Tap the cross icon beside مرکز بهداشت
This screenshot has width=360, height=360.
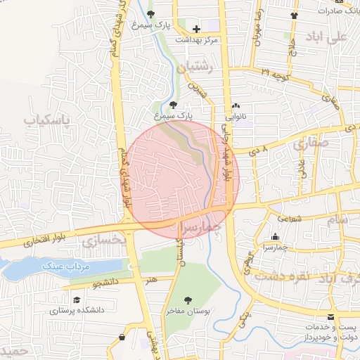(x=196, y=30)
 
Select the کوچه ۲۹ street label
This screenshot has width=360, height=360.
(x=275, y=72)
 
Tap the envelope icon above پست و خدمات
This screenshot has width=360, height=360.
(x=331, y=318)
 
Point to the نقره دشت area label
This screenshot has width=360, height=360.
(x=282, y=276)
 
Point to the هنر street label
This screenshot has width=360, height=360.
(x=152, y=279)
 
